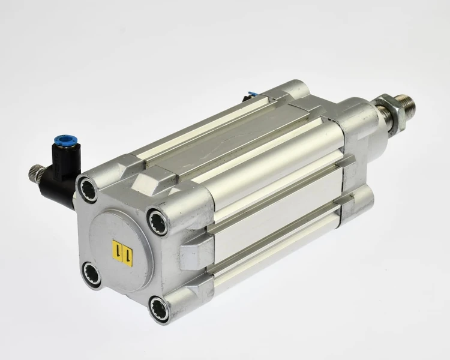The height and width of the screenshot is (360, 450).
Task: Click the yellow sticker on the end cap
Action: (x=122, y=253)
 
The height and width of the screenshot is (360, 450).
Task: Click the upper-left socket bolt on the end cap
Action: (x=88, y=190)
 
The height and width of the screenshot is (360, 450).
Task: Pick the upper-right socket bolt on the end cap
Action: (x=157, y=222)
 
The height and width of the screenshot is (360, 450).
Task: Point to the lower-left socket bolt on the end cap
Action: (x=92, y=273)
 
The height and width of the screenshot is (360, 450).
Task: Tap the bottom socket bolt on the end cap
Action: (x=159, y=309)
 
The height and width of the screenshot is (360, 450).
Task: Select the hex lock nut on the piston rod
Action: (x=392, y=114)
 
